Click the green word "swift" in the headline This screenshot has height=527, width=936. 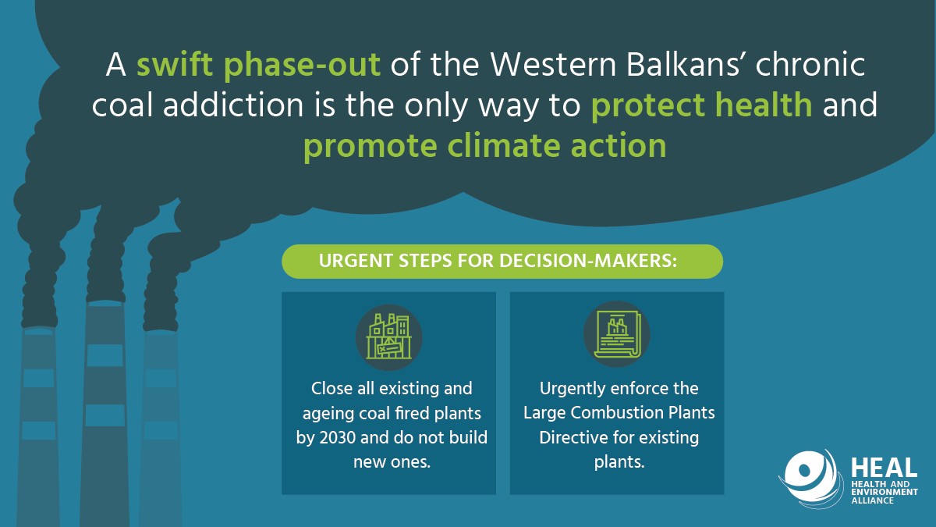pyautogui.click(x=175, y=65)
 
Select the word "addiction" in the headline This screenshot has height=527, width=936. pyautogui.click(x=232, y=105)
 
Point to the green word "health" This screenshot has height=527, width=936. pyautogui.click(x=764, y=105)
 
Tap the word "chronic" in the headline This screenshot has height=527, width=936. pyautogui.click(x=810, y=65)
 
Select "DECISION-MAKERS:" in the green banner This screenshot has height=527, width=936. pyautogui.click(x=588, y=261)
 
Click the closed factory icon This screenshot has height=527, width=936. pyautogui.click(x=389, y=337)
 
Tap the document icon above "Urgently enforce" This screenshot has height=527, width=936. pyautogui.click(x=617, y=334)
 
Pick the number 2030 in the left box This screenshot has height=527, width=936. pyautogui.click(x=337, y=437)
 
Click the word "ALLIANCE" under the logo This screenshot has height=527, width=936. pyautogui.click(x=872, y=500)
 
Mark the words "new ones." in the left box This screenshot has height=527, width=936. pyautogui.click(x=392, y=462)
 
